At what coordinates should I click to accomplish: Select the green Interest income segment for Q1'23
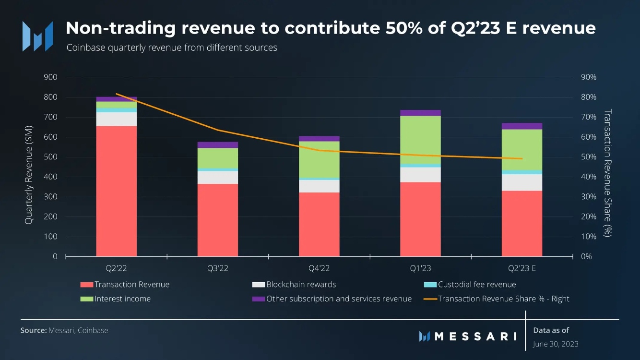point(420,140)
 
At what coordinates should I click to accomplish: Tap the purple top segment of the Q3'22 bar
point(218,144)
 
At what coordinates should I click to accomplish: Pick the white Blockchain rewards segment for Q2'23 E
point(522,182)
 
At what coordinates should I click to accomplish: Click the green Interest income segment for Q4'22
point(319,159)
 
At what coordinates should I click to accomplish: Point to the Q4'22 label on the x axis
point(319,268)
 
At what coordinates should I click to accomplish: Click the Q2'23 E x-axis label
point(522,268)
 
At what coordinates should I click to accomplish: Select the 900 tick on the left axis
point(50,77)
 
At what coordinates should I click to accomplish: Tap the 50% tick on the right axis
point(589,157)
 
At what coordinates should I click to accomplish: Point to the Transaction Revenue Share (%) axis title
point(607,173)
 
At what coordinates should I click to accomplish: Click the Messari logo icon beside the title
point(38,36)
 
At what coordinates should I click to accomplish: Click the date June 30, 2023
point(556,344)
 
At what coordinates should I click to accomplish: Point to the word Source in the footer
point(33,330)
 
